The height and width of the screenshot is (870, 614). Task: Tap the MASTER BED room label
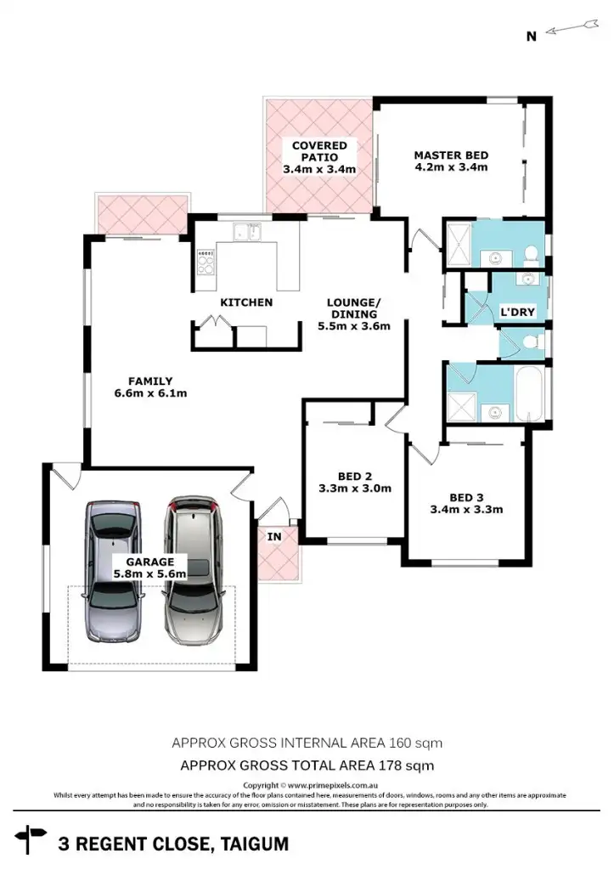click(450, 155)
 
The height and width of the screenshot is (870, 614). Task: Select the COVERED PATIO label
click(318, 146)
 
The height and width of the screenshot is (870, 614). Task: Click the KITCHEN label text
click(246, 302)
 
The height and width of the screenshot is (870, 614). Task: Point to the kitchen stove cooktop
click(206, 262)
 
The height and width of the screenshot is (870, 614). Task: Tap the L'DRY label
click(517, 313)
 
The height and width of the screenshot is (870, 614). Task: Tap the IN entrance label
click(274, 537)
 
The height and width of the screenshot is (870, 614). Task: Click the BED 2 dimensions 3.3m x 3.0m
click(354, 489)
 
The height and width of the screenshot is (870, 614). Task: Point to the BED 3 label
click(466, 498)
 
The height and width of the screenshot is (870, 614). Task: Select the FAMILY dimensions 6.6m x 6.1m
click(150, 393)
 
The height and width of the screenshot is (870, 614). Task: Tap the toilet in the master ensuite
click(530, 253)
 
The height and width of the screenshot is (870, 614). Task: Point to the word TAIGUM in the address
click(254, 845)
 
